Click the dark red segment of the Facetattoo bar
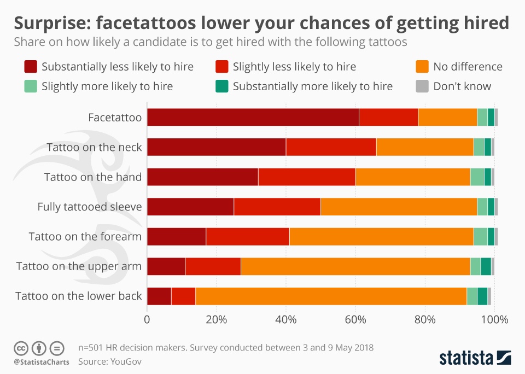point(253,118)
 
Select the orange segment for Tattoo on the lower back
point(331,296)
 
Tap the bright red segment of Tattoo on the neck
point(331,147)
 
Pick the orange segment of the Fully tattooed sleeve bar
point(398,207)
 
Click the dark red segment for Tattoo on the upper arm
point(166,266)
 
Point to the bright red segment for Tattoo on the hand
point(306,177)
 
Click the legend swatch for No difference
point(422,67)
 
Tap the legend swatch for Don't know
point(422,86)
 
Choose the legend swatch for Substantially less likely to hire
point(31,67)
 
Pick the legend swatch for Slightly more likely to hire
point(31,86)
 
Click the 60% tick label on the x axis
point(355,319)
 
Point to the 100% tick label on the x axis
point(494,319)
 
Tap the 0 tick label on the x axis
point(147,319)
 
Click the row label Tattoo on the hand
point(93,177)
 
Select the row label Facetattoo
point(115,118)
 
